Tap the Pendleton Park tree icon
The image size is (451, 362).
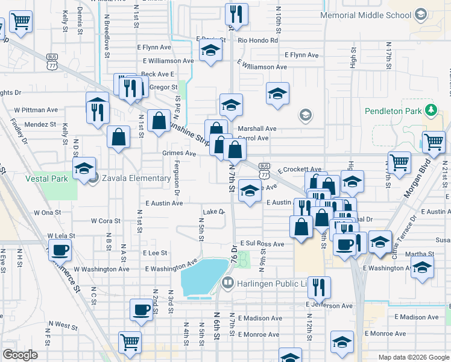tap(430, 110)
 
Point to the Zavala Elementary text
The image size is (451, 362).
tap(136, 178)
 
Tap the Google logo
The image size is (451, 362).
tap(20, 355)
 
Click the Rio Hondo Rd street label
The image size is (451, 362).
tap(257, 40)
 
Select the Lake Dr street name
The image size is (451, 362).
tap(213, 212)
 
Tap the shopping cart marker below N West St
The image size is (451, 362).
tap(130, 341)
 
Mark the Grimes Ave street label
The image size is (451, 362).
tap(179, 153)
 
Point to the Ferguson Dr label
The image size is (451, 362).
tap(177, 177)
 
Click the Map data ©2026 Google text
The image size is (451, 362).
tap(413, 357)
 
